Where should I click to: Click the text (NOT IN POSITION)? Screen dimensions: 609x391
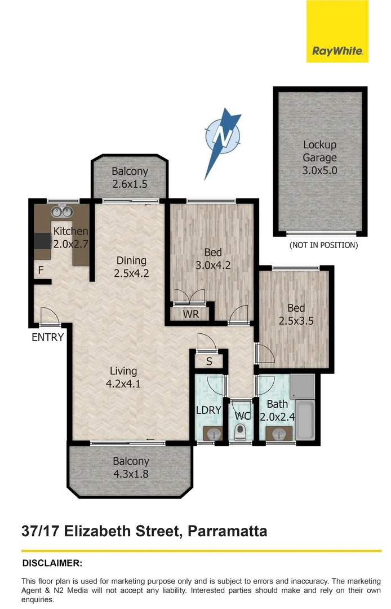click(323, 245)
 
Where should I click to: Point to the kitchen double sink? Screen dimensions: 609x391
click(61, 212)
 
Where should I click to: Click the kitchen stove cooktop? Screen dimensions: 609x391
click(43, 241)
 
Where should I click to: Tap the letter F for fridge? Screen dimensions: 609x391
click(41, 271)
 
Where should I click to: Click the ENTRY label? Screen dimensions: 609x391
click(47, 338)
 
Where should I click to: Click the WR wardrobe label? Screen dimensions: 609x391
click(192, 314)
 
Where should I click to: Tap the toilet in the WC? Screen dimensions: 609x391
click(241, 432)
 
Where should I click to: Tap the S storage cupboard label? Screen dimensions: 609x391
click(208, 361)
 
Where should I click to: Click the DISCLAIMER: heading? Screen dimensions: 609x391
click(52, 563)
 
